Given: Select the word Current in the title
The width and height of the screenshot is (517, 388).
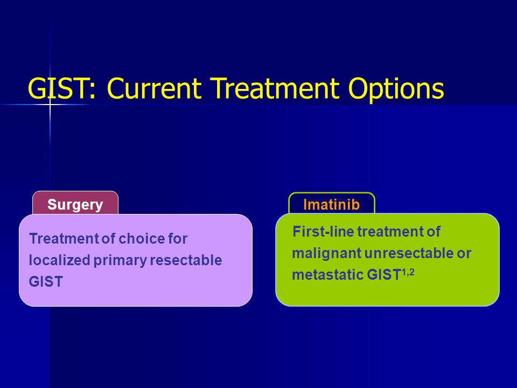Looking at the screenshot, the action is pyautogui.click(x=154, y=88).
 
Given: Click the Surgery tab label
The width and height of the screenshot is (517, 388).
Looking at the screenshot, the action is pyautogui.click(x=75, y=205).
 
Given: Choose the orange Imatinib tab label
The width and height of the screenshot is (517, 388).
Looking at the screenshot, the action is pyautogui.click(x=331, y=205).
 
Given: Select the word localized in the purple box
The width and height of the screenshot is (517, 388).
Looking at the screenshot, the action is pyautogui.click(x=60, y=260).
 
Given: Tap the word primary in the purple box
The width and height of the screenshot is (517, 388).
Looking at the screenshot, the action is pyautogui.click(x=120, y=261).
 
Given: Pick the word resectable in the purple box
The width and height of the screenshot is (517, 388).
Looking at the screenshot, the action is pyautogui.click(x=186, y=260).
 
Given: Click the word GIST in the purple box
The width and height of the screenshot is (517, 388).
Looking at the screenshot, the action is pyautogui.click(x=46, y=282).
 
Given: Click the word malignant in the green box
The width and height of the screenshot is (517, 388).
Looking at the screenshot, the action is pyautogui.click(x=327, y=254).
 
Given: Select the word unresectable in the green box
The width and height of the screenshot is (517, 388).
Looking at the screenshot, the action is pyautogui.click(x=409, y=253).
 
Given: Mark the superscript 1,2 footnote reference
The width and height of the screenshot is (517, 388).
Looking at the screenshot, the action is pyautogui.click(x=408, y=273).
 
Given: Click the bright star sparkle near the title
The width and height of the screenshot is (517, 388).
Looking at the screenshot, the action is pyautogui.click(x=50, y=105).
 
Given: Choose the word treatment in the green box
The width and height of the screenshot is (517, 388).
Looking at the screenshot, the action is pyautogui.click(x=391, y=231).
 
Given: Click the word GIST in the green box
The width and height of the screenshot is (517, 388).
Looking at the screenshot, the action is pyautogui.click(x=384, y=274).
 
